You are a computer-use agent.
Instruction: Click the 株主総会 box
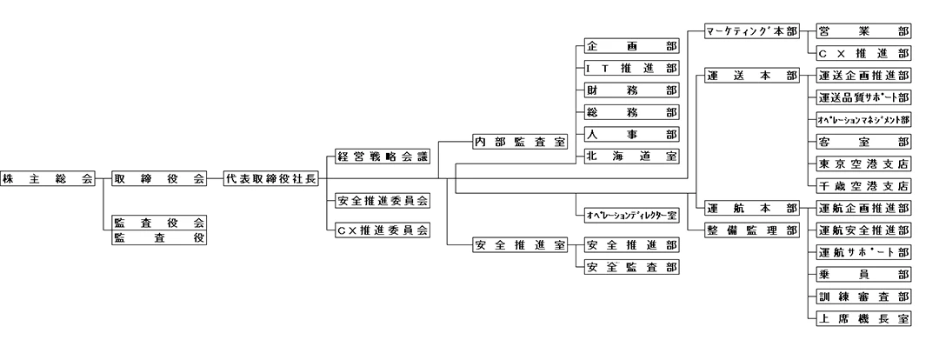coord(48,179)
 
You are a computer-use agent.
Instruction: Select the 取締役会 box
coord(159,179)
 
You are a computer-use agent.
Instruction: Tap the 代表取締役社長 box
coord(270,179)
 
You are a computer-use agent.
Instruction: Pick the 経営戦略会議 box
coord(383,157)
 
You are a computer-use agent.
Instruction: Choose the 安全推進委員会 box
coord(383,202)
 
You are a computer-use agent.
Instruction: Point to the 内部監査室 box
coord(520,140)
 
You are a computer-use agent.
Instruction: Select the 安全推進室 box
coord(520,244)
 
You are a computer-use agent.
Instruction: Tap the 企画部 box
coord(631,45)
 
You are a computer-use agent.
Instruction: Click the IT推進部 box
coord(631,68)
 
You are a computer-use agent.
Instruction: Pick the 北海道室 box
coord(631,157)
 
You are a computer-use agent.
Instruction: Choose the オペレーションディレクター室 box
coord(631,213)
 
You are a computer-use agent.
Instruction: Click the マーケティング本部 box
coord(751,30)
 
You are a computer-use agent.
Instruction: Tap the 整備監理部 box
coord(751,230)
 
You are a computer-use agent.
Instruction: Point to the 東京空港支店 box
coord(863,163)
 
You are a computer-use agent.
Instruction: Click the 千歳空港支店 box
coord(863,185)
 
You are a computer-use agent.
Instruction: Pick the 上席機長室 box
coord(863,318)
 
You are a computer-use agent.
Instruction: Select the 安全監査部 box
coord(631,267)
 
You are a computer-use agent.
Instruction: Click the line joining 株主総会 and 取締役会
coord(103,179)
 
